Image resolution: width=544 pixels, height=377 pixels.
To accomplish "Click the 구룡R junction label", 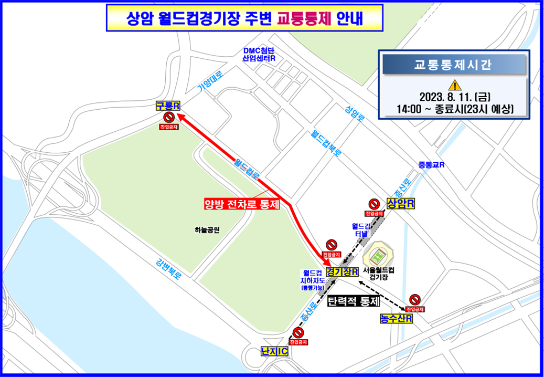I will point(168,106).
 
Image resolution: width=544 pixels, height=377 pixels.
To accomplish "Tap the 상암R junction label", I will point(400,203).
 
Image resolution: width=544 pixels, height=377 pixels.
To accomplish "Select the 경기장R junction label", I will point(342,272).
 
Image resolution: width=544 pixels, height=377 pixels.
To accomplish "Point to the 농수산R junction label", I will point(396,318).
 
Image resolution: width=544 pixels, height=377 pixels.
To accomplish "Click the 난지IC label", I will point(275,351).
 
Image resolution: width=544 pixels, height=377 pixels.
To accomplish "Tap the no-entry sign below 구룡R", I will point(169,117).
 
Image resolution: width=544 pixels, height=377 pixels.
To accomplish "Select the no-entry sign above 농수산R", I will point(414,299).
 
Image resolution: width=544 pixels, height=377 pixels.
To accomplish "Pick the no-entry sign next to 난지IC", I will point(298,332).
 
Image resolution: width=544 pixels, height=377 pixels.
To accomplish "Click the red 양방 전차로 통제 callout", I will point(242,204).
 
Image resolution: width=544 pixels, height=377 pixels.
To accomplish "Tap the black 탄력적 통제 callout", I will point(353,302).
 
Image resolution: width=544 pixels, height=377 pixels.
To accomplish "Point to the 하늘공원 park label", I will point(206,230).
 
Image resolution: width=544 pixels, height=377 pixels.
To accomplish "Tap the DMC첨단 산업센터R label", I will point(259,55).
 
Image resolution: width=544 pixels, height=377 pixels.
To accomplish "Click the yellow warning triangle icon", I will point(454,86).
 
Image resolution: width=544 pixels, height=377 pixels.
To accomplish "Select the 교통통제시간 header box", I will point(454,65).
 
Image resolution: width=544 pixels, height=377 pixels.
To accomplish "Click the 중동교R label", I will point(432,164).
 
